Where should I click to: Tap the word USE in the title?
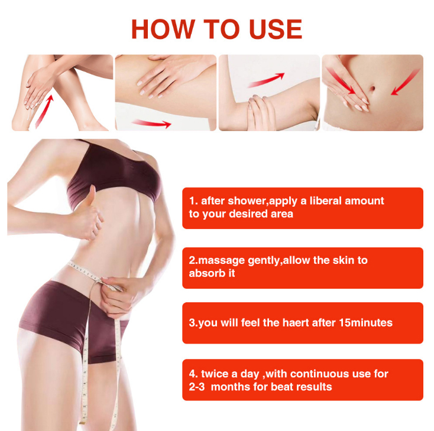point(270,30)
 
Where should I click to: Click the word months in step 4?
point(232,387)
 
